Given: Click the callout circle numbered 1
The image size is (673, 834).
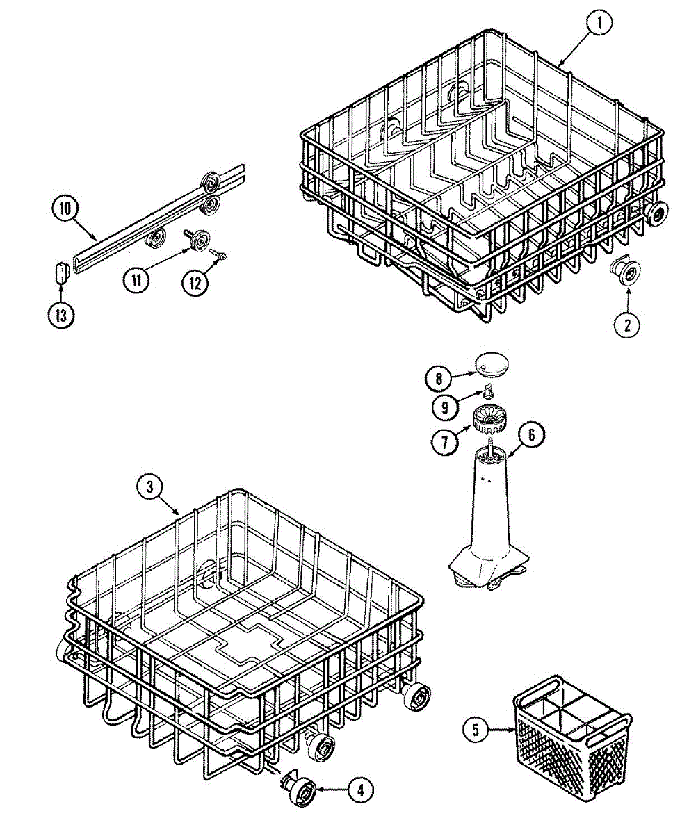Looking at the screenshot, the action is (599, 22).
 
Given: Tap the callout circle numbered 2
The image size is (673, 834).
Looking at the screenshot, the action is (627, 325).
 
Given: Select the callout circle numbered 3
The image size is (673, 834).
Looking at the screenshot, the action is (150, 487).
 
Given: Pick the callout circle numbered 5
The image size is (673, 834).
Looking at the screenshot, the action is (476, 730).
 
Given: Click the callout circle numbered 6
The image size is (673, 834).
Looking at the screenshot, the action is (531, 435).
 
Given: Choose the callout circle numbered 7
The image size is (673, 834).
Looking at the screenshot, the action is (445, 442).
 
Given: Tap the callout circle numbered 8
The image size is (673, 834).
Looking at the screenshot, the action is (439, 378).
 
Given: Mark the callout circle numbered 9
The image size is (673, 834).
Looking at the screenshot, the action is (445, 407).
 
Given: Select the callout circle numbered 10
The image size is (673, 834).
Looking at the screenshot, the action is (65, 209).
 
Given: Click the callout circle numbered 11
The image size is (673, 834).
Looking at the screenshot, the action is (136, 280).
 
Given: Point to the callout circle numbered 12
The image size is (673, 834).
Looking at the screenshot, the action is (195, 284).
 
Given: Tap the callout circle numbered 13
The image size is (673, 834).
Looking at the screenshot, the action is (61, 316).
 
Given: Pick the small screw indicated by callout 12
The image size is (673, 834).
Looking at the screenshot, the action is (218, 254).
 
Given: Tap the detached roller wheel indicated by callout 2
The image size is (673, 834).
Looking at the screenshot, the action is (625, 272).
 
